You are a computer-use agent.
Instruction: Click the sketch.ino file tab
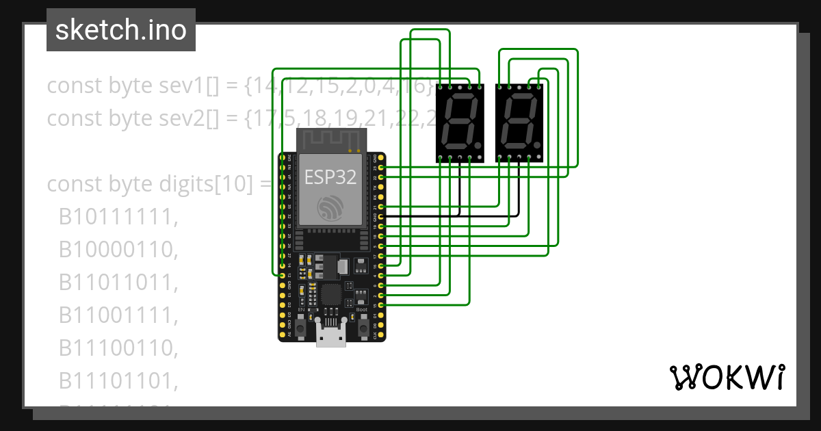point(121,30)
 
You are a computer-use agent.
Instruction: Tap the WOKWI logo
point(727,377)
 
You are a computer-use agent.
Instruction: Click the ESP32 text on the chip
point(330,177)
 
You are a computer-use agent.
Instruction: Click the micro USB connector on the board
point(331,337)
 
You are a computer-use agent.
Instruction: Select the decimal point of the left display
point(478,146)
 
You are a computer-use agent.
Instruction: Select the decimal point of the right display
point(538,146)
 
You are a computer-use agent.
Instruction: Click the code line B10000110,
point(118,250)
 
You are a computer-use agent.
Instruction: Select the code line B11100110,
point(118,348)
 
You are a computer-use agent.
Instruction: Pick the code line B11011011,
point(118,283)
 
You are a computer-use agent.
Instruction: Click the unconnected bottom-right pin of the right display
point(539,158)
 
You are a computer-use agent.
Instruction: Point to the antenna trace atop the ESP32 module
point(331,141)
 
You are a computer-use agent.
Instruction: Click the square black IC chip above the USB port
point(332,296)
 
